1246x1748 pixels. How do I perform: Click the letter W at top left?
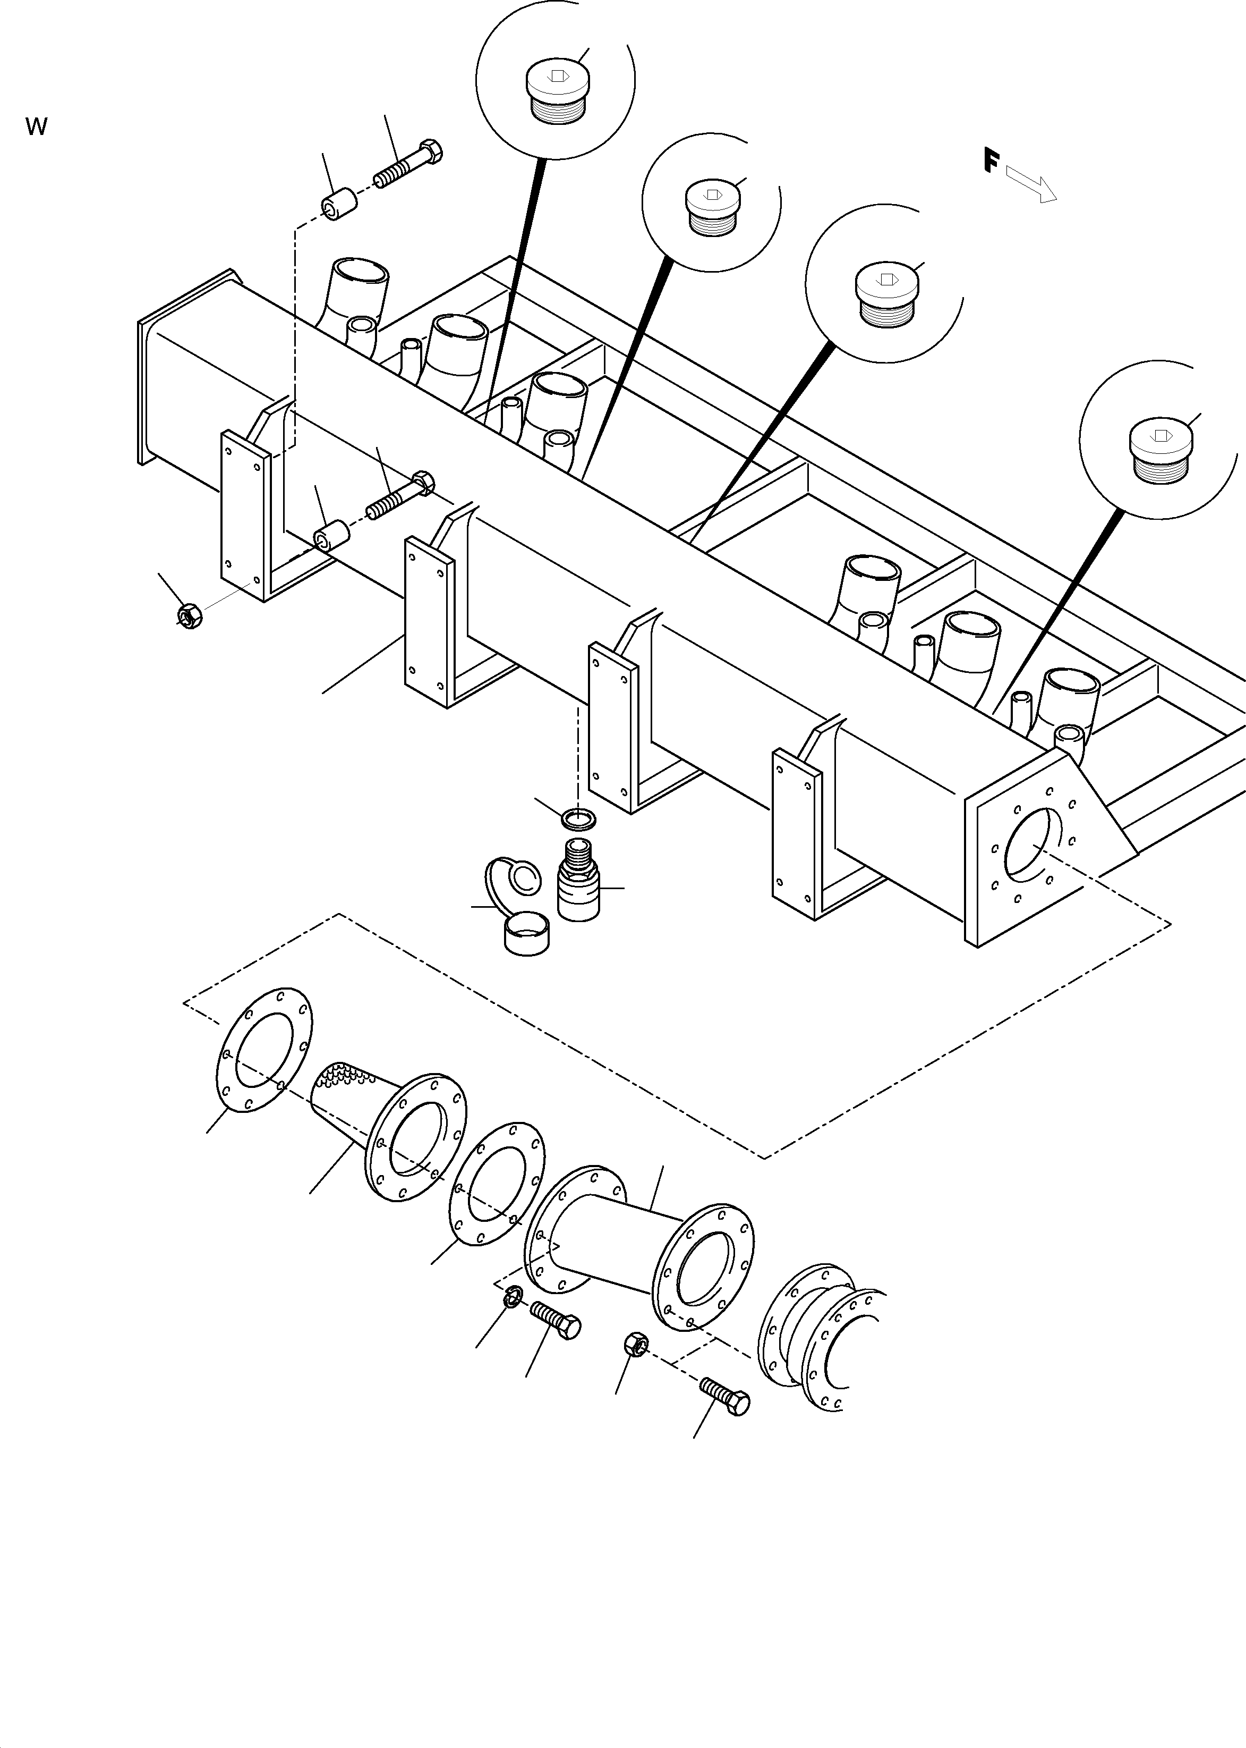coord(36,126)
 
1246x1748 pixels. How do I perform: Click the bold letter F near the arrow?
coord(991,161)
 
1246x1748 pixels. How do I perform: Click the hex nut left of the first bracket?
coord(189,615)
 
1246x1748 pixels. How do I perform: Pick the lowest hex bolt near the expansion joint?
coord(724,1395)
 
